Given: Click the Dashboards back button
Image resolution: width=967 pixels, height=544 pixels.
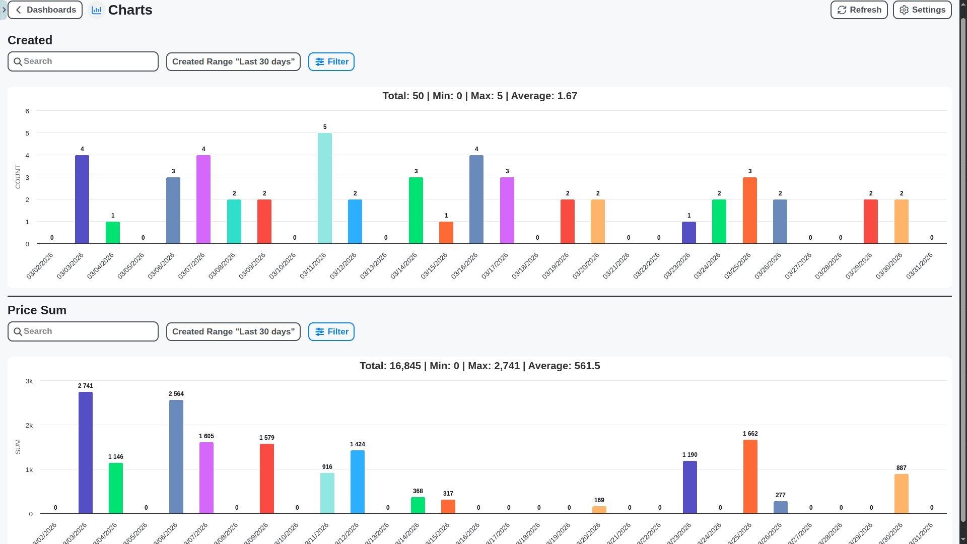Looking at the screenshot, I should point(45,10).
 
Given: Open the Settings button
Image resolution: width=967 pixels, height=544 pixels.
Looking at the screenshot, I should point(922,10).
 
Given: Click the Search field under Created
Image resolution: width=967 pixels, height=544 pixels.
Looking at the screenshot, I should point(83,61).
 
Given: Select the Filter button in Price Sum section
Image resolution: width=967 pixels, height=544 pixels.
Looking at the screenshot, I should point(331,331).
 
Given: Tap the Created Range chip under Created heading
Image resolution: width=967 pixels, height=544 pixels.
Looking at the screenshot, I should point(233,61).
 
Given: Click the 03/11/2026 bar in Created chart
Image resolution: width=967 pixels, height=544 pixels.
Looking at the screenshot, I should point(325,188).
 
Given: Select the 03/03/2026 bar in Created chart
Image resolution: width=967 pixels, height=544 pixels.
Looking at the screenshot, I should point(82,199).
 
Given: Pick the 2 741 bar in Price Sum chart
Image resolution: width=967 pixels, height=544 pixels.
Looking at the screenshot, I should point(86,452).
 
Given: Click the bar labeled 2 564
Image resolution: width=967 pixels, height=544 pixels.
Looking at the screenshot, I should point(176,456).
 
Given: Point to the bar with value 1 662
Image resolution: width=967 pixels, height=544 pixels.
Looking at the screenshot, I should point(750,477).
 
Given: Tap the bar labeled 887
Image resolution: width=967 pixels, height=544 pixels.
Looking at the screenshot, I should point(901,494).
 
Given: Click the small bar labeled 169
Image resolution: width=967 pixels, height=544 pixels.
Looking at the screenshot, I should point(599,510).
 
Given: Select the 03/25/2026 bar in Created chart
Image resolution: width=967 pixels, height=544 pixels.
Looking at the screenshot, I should point(749,211).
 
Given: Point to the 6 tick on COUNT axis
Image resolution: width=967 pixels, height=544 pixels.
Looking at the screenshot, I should point(27,111).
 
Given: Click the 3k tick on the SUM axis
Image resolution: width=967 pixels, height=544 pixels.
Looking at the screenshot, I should point(29,381).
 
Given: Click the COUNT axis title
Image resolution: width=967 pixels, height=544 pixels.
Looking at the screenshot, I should point(18,177).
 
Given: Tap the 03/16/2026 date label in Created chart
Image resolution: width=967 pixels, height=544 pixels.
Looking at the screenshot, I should point(464,265).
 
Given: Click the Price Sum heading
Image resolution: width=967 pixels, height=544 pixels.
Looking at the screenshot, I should point(37,310).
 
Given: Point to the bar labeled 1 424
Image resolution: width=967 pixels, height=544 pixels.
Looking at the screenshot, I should point(357,482).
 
